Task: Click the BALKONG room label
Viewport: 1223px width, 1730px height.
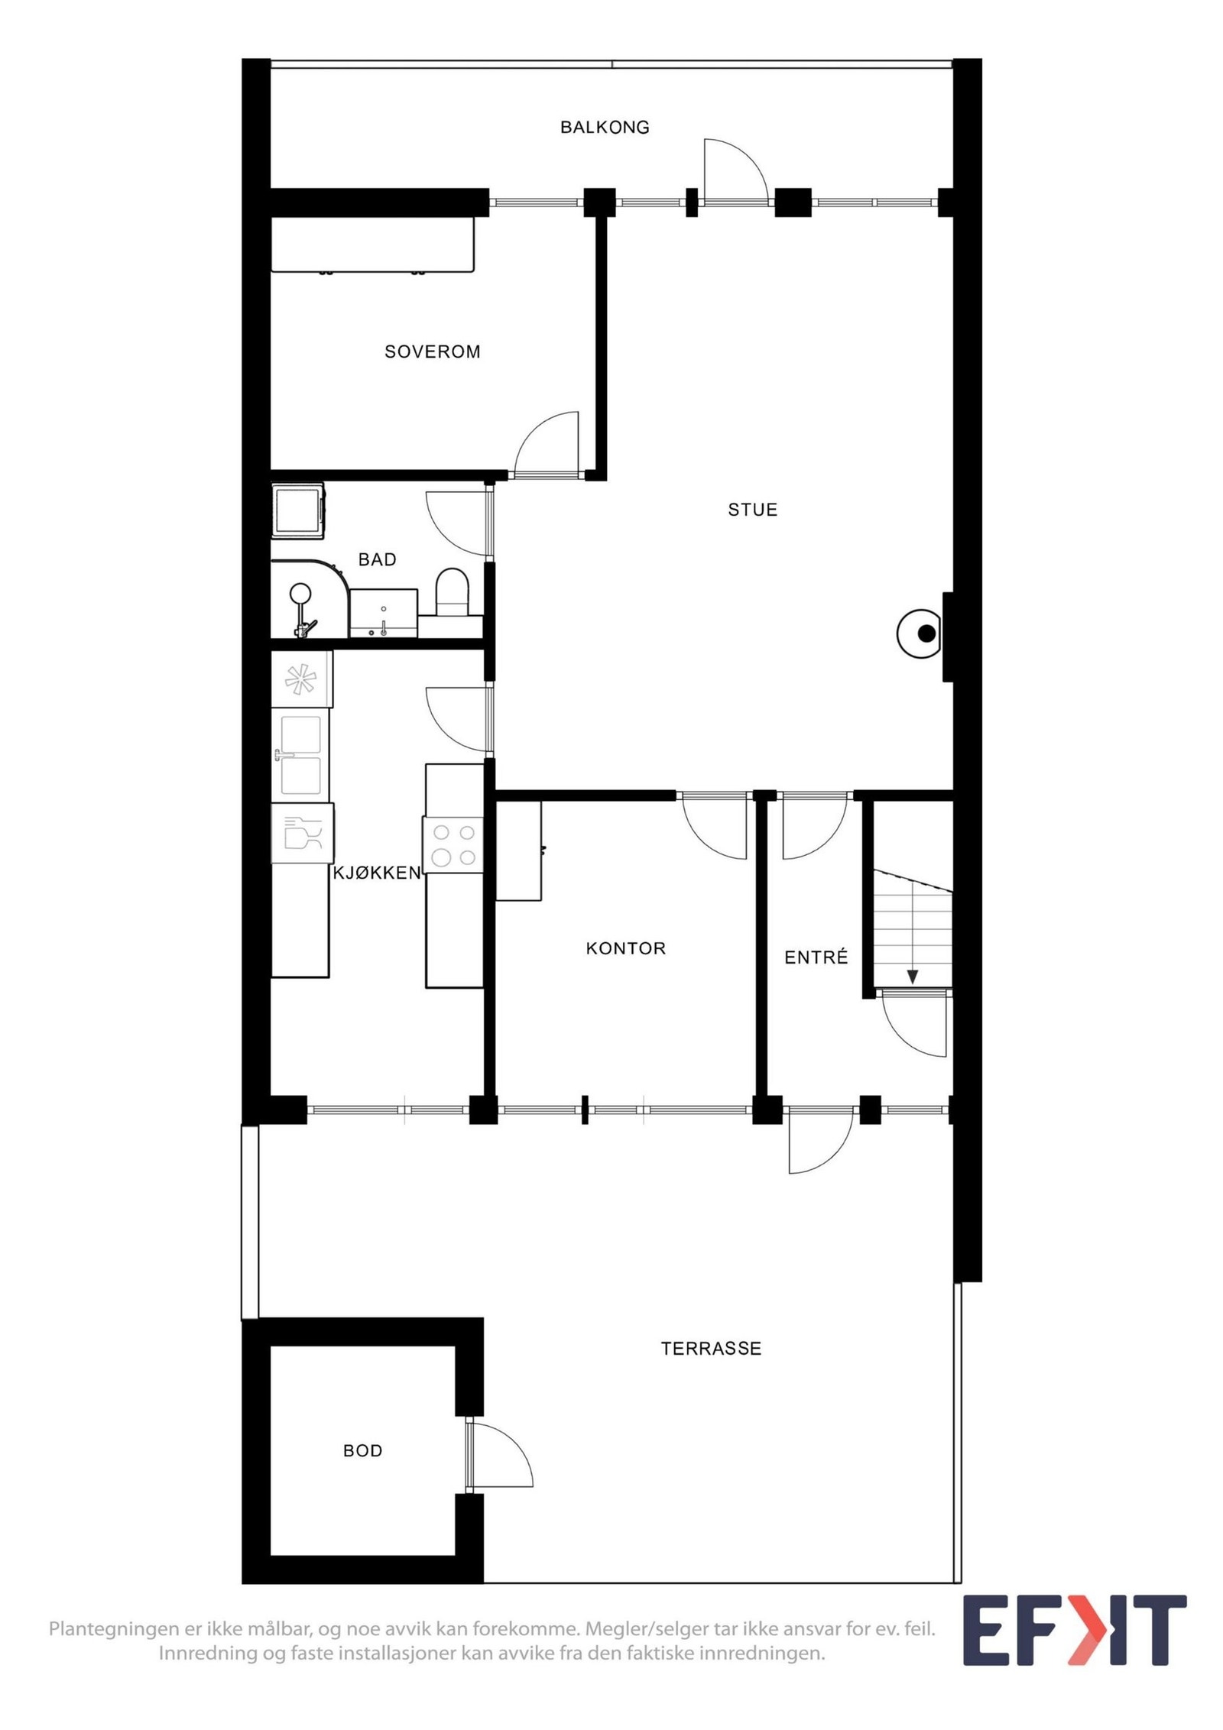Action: click(x=605, y=127)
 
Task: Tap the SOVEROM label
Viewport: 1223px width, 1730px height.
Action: click(x=433, y=352)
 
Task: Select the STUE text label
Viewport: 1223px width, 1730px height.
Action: click(x=753, y=510)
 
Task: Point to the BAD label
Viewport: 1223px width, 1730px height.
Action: click(x=378, y=559)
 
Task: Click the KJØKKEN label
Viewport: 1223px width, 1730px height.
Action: click(x=377, y=873)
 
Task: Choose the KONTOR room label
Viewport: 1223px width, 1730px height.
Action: click(x=626, y=948)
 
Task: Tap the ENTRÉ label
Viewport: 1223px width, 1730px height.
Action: click(x=816, y=957)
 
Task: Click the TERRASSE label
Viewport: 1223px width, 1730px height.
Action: click(x=712, y=1349)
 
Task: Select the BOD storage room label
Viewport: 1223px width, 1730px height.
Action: click(x=363, y=1450)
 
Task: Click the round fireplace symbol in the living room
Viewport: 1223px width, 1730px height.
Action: click(x=920, y=633)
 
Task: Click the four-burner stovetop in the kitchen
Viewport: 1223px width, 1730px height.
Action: click(x=453, y=844)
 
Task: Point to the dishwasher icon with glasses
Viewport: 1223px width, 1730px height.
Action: click(x=303, y=833)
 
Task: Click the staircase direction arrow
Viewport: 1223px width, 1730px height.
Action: click(x=913, y=977)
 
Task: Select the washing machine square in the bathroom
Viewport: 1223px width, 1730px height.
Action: click(x=298, y=510)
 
